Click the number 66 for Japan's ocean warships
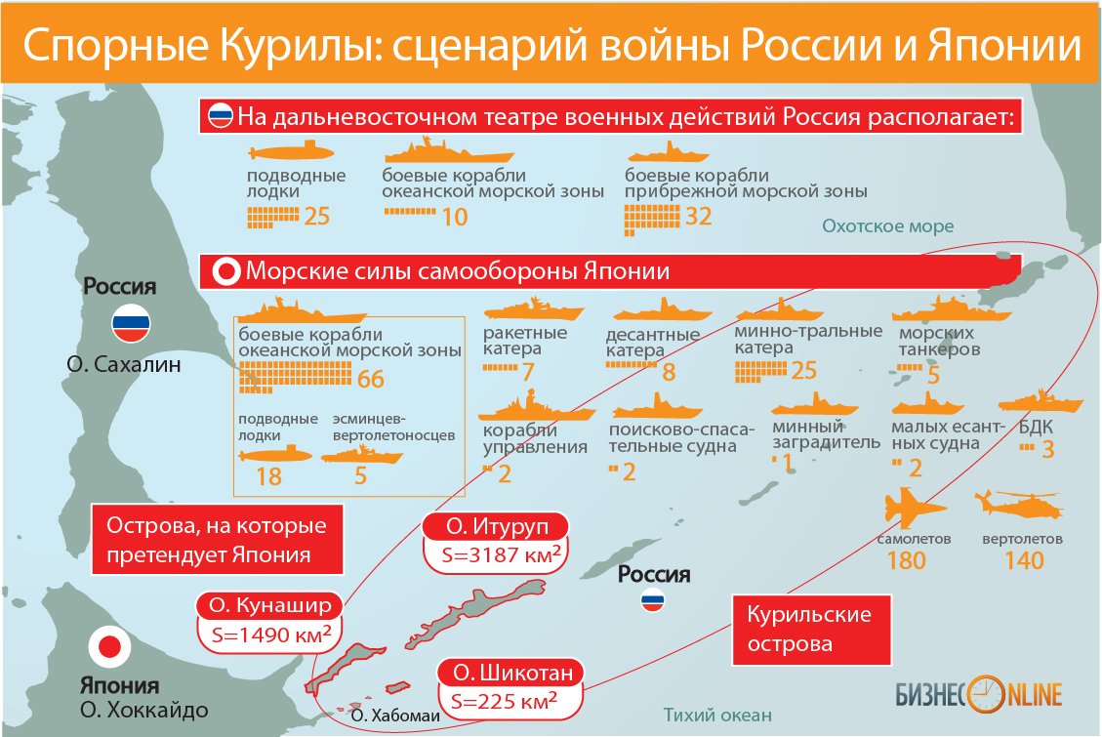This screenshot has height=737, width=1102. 371,379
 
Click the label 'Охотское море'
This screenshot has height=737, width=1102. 887,226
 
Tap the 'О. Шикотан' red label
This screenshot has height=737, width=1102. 512,673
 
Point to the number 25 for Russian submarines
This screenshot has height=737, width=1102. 317,216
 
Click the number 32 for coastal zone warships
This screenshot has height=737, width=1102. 699,216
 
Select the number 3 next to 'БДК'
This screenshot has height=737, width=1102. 1048,450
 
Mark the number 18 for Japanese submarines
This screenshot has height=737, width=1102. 267,475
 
